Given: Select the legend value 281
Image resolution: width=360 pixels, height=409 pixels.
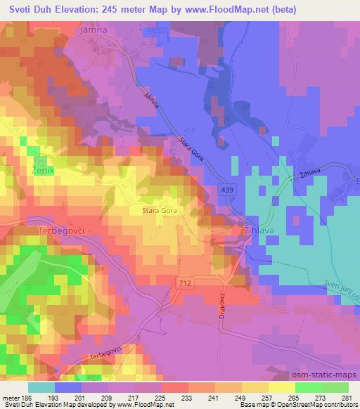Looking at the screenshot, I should [347, 398].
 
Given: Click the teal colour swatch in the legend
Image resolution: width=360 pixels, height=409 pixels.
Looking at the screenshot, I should [41, 387].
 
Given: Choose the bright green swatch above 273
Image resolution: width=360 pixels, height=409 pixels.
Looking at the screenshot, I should [309, 387].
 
